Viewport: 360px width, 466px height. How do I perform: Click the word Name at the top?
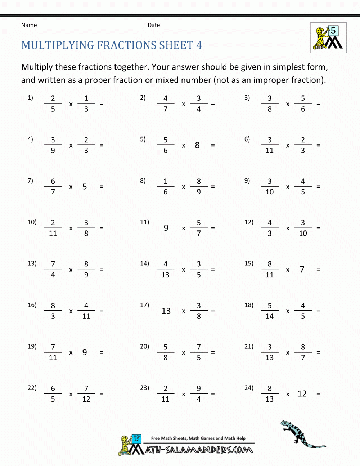tap(29, 25)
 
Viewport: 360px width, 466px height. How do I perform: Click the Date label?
tap(154, 25)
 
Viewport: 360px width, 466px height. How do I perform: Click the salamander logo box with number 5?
tap(328, 38)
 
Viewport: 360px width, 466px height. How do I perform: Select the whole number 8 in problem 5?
tap(197, 145)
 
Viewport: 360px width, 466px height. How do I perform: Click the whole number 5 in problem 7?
tap(85, 187)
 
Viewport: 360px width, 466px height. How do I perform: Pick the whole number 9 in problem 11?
tap(166, 228)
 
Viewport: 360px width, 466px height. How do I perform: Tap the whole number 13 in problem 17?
tap(166, 311)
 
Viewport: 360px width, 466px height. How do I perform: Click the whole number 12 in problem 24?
tap(302, 394)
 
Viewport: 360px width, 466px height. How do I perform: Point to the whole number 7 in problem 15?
tap(302, 269)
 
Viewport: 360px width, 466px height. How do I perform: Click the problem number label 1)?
tap(30, 98)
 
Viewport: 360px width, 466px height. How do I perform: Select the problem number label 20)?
tap(144, 346)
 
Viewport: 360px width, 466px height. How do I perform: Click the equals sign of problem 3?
tap(318, 104)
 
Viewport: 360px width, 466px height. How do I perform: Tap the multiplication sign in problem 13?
tap(71, 270)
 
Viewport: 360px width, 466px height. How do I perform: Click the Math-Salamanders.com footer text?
tap(199, 450)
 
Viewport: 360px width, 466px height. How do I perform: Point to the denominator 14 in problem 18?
tap(270, 316)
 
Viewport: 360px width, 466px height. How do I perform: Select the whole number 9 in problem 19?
tap(85, 352)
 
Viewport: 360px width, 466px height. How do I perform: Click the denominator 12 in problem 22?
tap(86, 399)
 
